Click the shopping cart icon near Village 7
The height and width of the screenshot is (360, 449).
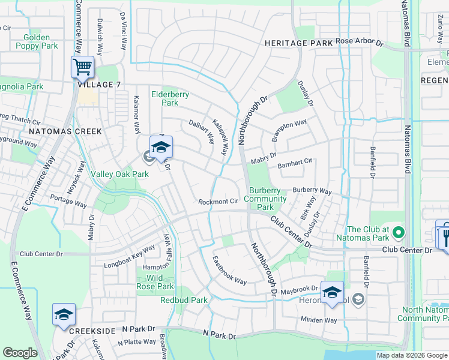[x=82, y=67]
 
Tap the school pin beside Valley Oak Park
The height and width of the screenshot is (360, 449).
[x=161, y=147]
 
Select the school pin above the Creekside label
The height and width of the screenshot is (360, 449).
[x=64, y=314]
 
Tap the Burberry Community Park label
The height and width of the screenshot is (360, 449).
[x=265, y=199]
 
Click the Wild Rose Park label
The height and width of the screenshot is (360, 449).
[x=156, y=282]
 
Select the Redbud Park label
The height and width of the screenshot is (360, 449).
[x=184, y=300]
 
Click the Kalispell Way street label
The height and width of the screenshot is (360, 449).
[x=219, y=136]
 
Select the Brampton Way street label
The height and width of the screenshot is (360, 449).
[x=289, y=130]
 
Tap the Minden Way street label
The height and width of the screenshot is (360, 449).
[x=319, y=320]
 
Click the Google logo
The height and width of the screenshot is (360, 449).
[x=20, y=353]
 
